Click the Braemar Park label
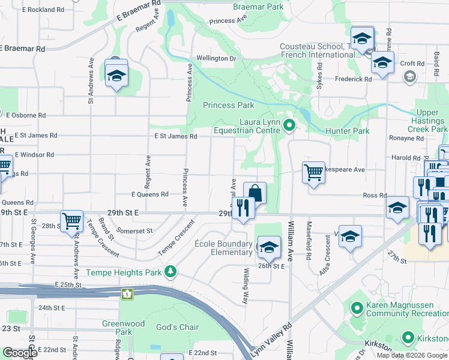258,7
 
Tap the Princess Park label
228,105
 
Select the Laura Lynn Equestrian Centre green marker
289,125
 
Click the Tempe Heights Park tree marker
171,272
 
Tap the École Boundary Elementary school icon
269,246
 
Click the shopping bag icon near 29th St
255,193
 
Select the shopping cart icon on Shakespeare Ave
313,173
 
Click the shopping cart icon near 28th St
71,221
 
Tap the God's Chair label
177,327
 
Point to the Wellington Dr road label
216,58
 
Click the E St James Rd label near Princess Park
175,136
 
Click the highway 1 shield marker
127,294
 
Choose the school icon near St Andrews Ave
116,75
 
